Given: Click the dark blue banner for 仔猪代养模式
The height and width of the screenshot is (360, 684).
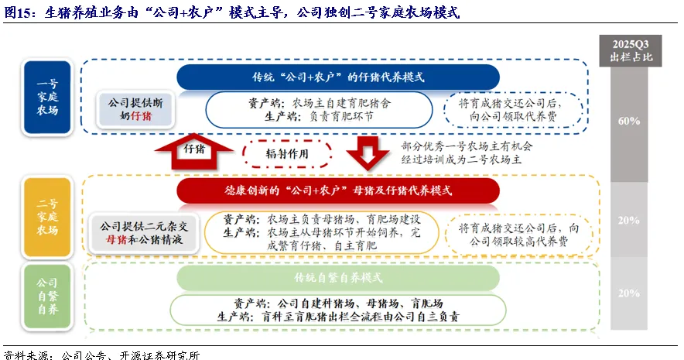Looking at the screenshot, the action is point(337,77).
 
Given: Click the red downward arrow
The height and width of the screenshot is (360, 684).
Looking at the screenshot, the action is point(368,153).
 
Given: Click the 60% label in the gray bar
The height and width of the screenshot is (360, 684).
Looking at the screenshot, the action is point(628,121).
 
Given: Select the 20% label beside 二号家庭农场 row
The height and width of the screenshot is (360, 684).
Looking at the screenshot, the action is point(628,220).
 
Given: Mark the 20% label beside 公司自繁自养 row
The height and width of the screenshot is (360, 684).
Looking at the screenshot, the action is point(628,293).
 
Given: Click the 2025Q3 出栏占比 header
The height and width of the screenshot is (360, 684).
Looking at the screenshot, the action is point(628,50).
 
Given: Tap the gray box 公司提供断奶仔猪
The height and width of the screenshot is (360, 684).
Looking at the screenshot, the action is point(135,109).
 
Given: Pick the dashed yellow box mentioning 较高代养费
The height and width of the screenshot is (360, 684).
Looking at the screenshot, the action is point(518,235).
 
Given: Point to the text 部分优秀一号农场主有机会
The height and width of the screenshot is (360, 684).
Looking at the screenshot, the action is point(467,146).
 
